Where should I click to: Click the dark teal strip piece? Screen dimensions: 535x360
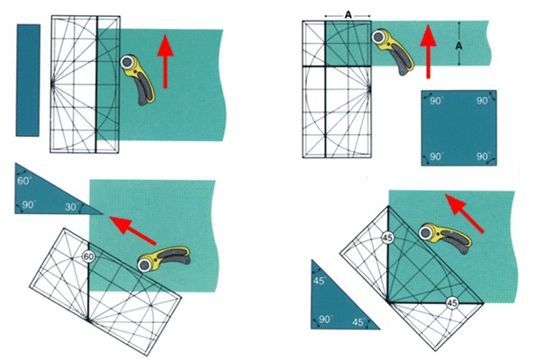(28, 80)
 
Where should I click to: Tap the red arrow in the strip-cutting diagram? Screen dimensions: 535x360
(166, 62)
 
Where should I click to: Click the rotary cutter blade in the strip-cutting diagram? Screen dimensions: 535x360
(127, 62)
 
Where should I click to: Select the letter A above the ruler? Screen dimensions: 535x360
(348, 14)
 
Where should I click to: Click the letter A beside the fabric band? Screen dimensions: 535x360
(459, 46)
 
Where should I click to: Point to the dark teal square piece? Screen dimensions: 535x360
(459, 128)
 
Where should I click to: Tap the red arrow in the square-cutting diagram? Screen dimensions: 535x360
(428, 51)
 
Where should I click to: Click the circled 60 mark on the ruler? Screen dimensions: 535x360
(88, 256)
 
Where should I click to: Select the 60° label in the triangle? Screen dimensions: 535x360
(24, 181)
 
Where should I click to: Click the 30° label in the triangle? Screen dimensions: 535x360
(72, 207)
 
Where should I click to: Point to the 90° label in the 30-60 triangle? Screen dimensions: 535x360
(29, 205)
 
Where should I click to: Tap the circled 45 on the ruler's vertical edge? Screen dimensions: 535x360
(387, 238)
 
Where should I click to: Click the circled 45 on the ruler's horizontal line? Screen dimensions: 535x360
(452, 302)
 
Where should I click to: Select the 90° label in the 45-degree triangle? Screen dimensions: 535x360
(326, 319)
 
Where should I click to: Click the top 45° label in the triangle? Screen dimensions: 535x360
(320, 281)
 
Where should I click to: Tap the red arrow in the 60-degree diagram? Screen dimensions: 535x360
(132, 229)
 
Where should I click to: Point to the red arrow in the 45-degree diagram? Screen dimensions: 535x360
(465, 213)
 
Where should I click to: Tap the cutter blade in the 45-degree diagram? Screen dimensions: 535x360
(426, 232)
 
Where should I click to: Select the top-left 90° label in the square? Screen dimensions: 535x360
(436, 101)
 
